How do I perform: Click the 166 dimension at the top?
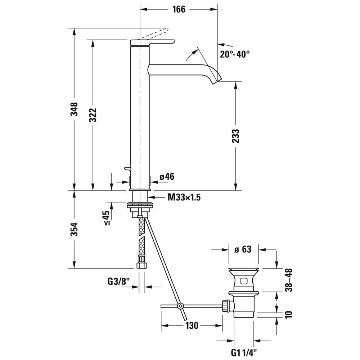coord(179,9)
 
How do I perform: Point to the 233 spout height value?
coord(236,136)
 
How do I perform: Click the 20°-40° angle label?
coord(235,54)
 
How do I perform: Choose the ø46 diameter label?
coord(167,176)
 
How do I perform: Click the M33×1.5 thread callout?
coord(184,197)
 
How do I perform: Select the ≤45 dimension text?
coord(107,218)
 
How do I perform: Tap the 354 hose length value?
coord(74,229)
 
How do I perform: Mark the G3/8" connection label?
coord(118,282)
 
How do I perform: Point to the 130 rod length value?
coord(192,325)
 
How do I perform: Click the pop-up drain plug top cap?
coord(243,270)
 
